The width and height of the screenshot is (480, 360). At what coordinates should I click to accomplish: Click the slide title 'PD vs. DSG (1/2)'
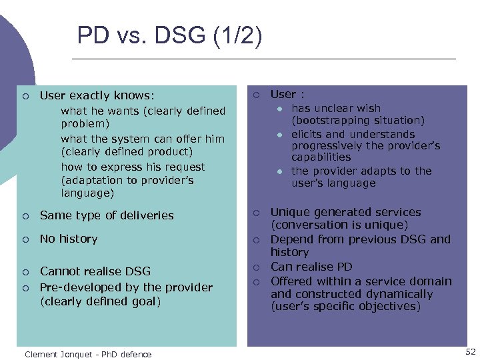pyautogui.click(x=169, y=35)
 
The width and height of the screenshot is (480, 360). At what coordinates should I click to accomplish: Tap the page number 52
pyautogui.click(x=470, y=351)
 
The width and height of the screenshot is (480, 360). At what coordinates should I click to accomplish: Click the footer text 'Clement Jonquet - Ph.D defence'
pyautogui.click(x=88, y=354)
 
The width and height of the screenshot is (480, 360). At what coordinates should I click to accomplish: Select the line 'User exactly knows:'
pyautogui.click(x=97, y=96)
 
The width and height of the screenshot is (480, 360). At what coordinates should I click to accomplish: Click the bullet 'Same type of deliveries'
pyautogui.click(x=107, y=215)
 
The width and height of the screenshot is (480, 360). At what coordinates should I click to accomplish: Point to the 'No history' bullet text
pyautogui.click(x=69, y=239)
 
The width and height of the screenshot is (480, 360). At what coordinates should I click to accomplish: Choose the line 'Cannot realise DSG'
pyautogui.click(x=95, y=271)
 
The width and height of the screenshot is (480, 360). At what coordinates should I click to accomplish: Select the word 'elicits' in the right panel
pyautogui.click(x=307, y=134)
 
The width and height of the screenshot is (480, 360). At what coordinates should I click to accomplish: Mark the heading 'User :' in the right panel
pyautogui.click(x=287, y=95)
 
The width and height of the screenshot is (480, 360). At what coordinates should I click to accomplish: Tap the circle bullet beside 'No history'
pyautogui.click(x=25, y=239)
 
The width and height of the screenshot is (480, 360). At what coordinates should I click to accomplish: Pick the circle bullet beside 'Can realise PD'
pyautogui.click(x=255, y=267)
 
